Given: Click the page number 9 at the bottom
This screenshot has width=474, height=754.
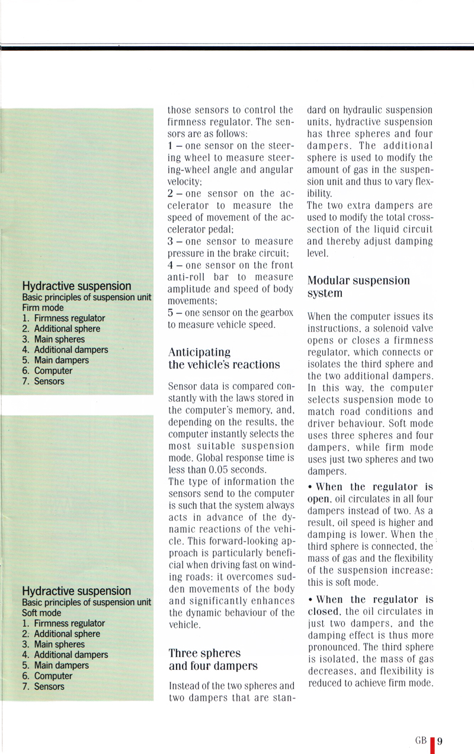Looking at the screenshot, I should [x=441, y=724].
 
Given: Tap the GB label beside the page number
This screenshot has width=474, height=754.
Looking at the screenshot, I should [x=421, y=724].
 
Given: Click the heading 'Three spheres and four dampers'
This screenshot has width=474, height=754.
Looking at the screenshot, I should [x=213, y=659].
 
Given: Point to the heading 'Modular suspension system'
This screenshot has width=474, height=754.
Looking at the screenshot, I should [x=358, y=286].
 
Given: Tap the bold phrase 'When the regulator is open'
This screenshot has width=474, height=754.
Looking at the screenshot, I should [x=370, y=492].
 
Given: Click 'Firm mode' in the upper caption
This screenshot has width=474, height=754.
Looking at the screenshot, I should [x=43, y=308].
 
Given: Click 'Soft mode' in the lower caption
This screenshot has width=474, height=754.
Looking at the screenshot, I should [x=41, y=613].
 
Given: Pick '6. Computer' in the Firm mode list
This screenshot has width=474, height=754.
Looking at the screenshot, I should [x=47, y=370].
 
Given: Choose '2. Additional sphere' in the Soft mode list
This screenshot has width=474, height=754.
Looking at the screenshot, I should [x=61, y=634].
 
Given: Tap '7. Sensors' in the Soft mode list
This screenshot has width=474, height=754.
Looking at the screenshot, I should [x=43, y=687].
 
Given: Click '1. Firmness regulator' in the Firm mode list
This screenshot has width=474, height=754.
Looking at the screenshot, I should [x=63, y=318].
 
